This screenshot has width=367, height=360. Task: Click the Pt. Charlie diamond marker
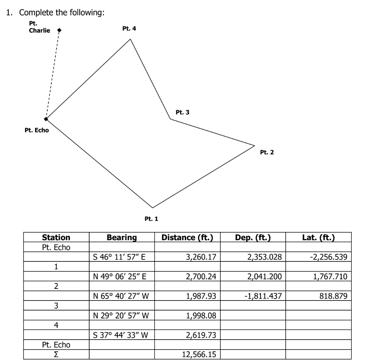(59, 30)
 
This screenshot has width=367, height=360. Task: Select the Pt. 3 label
(182, 112)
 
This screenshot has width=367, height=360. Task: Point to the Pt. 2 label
(267, 152)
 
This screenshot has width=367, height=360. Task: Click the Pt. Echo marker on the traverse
(46, 119)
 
